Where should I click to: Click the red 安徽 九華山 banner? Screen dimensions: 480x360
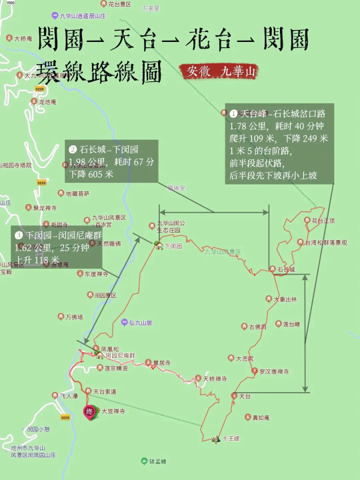click(218, 71)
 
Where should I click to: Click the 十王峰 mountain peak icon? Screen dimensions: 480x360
click(216, 439)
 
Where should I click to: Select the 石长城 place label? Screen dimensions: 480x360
click(286, 269)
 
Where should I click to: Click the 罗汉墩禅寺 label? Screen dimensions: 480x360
click(273, 371)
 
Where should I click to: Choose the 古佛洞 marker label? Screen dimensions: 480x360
click(257, 327)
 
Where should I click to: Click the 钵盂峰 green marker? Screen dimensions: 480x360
click(144, 461)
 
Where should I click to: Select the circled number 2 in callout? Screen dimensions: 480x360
click(73, 149)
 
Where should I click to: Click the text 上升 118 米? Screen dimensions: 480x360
click(37, 260)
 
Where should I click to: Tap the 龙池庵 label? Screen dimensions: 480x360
click(46, 102)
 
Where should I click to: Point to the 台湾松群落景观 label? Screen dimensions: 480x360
click(326, 243)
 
